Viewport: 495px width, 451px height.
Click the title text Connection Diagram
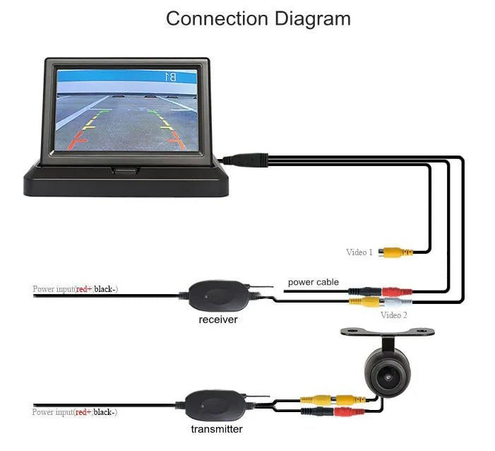click(x=258, y=18)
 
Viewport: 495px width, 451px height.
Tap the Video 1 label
click(x=359, y=252)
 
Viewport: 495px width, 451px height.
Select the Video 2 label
click(x=393, y=315)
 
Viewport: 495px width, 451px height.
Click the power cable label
click(x=313, y=282)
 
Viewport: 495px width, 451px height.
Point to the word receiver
click(x=217, y=320)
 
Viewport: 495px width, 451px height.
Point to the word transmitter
click(x=216, y=429)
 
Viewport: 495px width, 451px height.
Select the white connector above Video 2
click(x=393, y=302)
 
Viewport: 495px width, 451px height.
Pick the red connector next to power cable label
click(x=391, y=291)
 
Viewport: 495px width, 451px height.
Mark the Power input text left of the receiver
click(x=75, y=289)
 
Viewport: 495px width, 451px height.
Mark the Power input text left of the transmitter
click(x=75, y=412)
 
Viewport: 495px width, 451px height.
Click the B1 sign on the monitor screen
click(x=170, y=76)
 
